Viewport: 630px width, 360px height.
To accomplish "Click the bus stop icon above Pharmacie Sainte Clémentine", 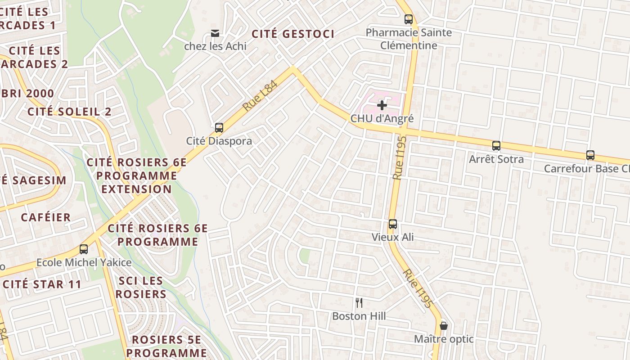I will click(408, 19).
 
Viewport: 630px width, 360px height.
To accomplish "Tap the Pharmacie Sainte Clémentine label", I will click(409, 39).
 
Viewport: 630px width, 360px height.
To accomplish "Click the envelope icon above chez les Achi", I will click(215, 33).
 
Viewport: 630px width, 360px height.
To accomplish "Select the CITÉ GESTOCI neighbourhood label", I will click(293, 34).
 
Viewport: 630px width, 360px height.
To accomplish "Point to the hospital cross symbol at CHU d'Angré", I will click(382, 105).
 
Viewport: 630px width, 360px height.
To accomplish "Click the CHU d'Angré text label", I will click(382, 119).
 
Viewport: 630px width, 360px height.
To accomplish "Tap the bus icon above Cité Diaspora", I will click(219, 128).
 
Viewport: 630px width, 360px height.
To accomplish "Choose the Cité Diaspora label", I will click(219, 141).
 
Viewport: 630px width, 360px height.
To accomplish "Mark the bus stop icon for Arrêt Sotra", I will click(496, 146).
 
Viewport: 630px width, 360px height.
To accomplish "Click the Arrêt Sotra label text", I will click(496, 159).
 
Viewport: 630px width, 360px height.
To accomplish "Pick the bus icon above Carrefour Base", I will click(590, 155).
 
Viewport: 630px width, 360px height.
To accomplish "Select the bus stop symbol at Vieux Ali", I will click(393, 224).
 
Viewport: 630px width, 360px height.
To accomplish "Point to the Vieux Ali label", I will click(393, 237).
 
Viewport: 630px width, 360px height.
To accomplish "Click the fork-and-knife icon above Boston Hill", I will click(359, 303).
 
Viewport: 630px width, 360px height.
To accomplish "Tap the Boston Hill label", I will click(359, 316).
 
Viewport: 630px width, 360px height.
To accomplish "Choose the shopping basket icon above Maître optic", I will click(444, 325).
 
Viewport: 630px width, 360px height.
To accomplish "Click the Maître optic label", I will click(444, 339).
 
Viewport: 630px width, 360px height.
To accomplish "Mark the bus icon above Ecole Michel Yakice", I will click(84, 249).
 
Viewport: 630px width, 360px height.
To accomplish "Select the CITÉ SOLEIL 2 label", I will click(69, 112).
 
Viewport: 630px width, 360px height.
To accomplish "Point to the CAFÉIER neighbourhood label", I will click(46, 217).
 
